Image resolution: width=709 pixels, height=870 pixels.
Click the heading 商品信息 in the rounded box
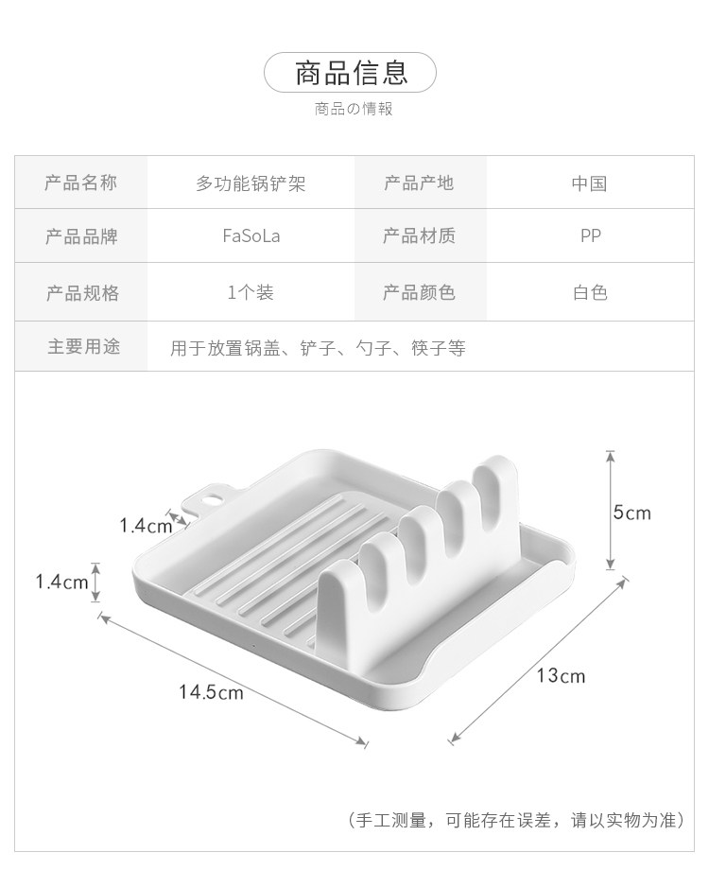coord(351,72)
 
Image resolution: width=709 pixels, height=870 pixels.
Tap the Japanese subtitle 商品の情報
coord(353,109)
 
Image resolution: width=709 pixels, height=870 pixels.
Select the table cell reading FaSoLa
coord(251,236)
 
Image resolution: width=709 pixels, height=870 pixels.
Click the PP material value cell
coord(591,236)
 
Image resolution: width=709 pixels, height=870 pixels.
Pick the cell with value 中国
coord(589,183)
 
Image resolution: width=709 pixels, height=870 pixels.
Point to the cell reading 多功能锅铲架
coord(251,183)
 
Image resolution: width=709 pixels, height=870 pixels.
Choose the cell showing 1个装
coord(251,292)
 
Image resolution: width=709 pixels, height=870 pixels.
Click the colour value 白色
coord(590,292)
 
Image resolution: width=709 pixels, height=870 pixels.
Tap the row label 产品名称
coord(81,183)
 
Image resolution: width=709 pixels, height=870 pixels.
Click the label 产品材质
coord(419,236)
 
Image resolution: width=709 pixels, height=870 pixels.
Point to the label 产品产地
coord(419,183)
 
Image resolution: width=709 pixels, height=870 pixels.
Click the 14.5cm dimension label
coord(211,692)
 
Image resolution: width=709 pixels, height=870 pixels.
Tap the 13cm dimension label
coord(561,675)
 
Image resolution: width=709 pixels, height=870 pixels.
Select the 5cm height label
coord(631,513)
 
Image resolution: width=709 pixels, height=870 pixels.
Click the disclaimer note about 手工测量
coord(516,819)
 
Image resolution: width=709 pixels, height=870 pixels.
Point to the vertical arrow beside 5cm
coord(611,510)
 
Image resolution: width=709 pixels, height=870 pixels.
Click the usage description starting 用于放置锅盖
coord(318,348)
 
